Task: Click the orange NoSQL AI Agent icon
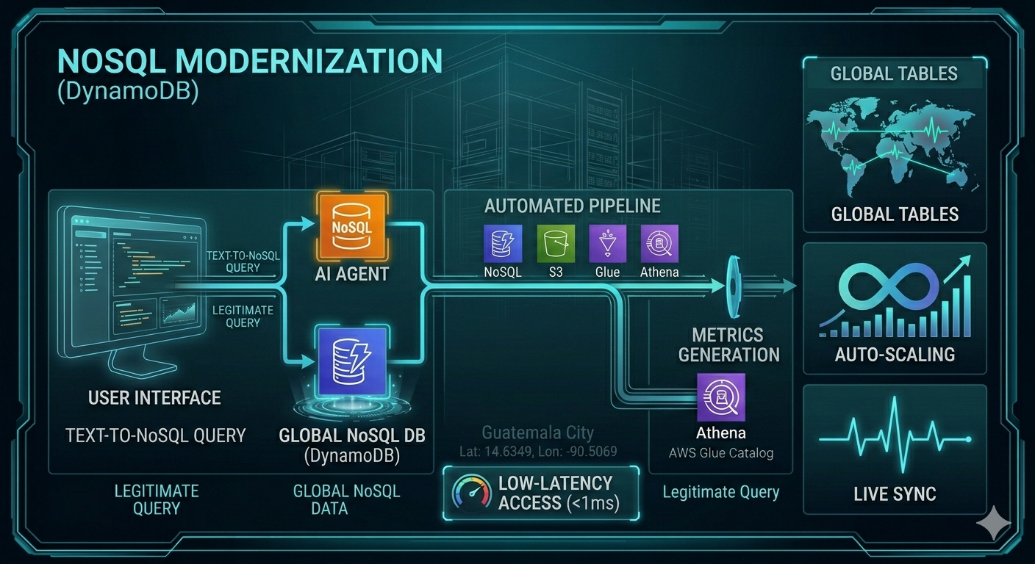(x=351, y=225)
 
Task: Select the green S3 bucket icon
(x=555, y=244)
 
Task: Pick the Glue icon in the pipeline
(x=607, y=244)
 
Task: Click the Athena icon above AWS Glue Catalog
(x=720, y=397)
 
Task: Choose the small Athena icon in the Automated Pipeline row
(x=659, y=244)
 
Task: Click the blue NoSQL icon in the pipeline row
(x=503, y=244)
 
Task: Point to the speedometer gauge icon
(x=471, y=491)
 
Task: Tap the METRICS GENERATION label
(x=728, y=345)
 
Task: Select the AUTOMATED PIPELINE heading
(x=572, y=206)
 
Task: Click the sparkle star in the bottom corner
(x=993, y=523)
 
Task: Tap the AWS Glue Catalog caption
(x=720, y=452)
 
